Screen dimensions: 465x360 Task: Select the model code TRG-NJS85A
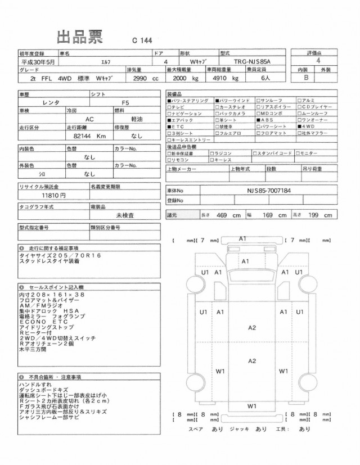255,60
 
